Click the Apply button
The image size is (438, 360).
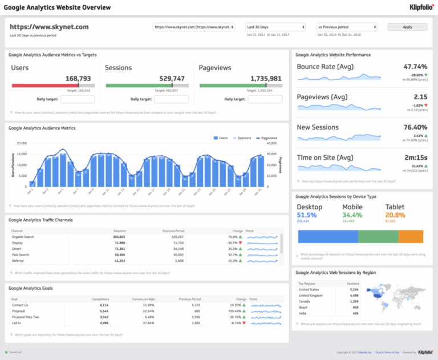(x=407, y=27)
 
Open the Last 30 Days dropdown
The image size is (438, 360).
(x=275, y=27)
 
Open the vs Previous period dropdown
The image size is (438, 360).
(x=347, y=27)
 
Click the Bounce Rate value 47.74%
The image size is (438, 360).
(x=415, y=67)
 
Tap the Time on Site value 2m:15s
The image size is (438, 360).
(x=415, y=157)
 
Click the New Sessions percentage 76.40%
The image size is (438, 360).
(x=415, y=127)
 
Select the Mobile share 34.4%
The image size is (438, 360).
(x=352, y=215)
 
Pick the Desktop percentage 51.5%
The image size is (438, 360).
(x=307, y=215)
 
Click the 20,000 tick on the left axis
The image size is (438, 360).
(x=21, y=144)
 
